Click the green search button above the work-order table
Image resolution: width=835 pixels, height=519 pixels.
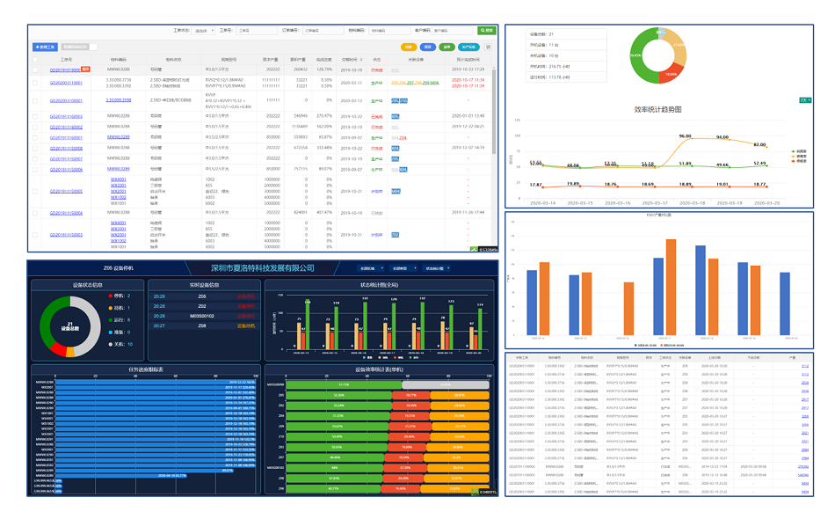tap(486, 30)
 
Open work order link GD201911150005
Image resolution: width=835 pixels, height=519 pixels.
tap(65, 191)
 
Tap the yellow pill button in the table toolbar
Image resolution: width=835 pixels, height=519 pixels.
tap(408, 47)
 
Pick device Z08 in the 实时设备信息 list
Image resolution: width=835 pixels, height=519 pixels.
tap(202, 325)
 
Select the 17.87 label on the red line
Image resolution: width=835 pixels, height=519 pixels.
tap(535, 184)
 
